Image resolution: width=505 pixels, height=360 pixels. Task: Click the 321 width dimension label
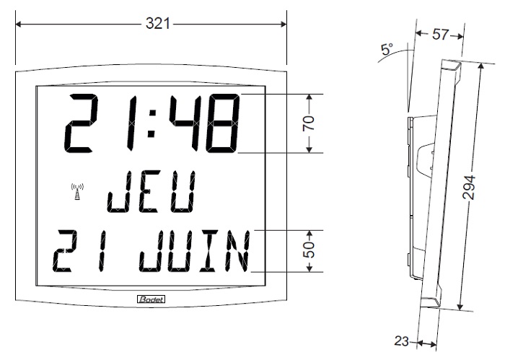[x=157, y=24]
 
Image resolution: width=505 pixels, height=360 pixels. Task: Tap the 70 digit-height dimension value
[x=309, y=123]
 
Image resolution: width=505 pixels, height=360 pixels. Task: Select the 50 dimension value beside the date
[x=309, y=250]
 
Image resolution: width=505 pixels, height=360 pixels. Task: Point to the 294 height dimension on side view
[x=469, y=188]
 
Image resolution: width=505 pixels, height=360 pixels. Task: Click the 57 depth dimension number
[x=440, y=34]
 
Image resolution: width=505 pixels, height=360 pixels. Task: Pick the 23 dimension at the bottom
[x=401, y=341]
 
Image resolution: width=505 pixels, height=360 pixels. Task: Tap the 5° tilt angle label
[x=387, y=49]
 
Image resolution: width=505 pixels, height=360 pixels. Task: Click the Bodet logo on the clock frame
[x=151, y=299]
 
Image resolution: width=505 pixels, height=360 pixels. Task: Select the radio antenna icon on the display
[x=77, y=192]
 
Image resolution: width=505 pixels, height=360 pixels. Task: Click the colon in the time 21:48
[x=151, y=124]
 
